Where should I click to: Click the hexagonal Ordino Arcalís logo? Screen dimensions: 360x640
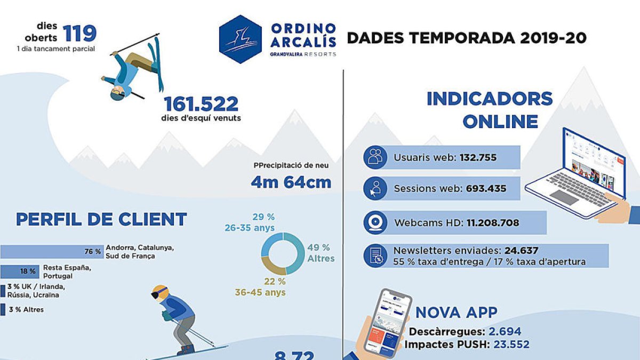click(241, 39)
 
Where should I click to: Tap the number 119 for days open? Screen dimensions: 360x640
click(80, 33)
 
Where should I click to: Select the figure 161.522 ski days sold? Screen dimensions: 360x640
click(201, 103)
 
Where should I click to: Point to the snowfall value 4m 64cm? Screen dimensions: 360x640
click(291, 182)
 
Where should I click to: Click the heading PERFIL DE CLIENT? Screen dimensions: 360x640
click(101, 219)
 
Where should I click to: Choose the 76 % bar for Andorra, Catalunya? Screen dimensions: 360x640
click(52, 251)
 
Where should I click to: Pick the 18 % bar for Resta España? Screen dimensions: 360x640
click(20, 271)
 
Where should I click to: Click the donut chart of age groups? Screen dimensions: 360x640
click(282, 254)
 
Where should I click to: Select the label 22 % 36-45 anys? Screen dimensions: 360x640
click(260, 287)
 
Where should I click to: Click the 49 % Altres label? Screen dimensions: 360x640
click(321, 253)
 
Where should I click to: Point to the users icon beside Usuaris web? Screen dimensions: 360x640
click(375, 157)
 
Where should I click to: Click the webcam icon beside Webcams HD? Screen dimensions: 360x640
click(375, 222)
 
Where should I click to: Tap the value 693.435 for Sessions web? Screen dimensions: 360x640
click(486, 188)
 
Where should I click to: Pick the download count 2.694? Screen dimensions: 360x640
click(505, 331)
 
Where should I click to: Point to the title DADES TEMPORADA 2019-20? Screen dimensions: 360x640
click(467, 38)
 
